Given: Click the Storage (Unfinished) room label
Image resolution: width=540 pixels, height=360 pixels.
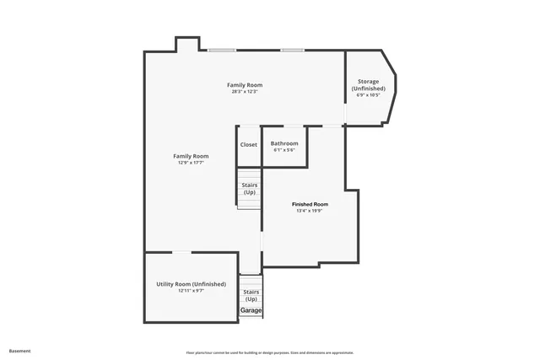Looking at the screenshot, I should pos(368,85).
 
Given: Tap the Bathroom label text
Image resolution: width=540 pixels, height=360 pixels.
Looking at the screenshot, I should pos(284,143).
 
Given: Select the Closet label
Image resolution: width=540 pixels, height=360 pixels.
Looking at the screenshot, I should pos(249,144).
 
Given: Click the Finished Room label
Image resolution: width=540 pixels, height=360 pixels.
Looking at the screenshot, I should pos(310,204).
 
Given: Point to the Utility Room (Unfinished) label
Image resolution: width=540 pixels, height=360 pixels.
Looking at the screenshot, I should pos(191,284).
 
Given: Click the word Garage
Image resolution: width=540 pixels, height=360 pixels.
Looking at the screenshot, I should pos(251,310).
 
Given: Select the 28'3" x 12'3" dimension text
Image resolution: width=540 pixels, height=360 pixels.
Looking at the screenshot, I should pos(245,91).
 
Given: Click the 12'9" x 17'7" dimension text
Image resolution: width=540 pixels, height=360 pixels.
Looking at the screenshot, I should pos(191,163).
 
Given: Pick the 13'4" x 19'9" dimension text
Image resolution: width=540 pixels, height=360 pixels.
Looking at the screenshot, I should pos(310,211).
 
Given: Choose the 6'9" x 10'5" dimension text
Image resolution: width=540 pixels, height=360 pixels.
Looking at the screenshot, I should pos(368,94).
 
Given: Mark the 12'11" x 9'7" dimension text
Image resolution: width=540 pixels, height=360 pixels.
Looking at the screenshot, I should pos(191,291).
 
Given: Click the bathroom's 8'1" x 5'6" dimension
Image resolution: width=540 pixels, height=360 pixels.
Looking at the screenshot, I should pos(284,150).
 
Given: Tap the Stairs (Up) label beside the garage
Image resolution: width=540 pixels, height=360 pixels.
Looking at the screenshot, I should pos(251,295).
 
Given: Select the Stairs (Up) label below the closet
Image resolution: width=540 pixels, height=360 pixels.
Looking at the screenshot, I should pos(250,188).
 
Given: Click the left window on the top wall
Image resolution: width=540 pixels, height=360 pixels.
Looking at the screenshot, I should pos(222,50).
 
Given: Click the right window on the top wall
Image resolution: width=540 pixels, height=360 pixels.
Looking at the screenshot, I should pos(292,50).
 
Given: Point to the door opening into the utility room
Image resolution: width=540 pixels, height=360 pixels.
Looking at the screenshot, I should pos(181,252).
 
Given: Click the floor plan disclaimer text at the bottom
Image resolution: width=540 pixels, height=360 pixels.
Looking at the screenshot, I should pos(269,352).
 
